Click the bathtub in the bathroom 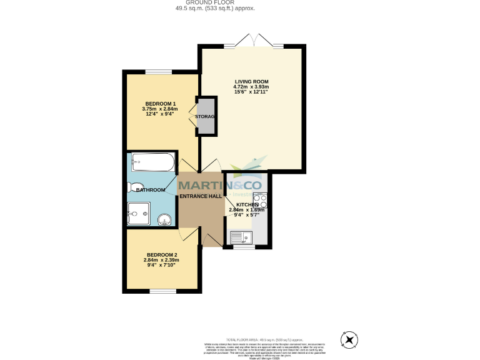(x=153, y=162)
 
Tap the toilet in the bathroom (x=132, y=187)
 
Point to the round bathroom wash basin (x=164, y=220)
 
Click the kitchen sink (x=240, y=237)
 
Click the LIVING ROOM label (x=251, y=81)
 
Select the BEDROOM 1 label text (x=161, y=103)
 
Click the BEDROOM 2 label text (x=162, y=254)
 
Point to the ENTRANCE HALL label (x=201, y=196)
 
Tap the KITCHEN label (x=247, y=204)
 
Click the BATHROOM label (x=151, y=190)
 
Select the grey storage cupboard (x=206, y=117)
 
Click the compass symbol (x=349, y=340)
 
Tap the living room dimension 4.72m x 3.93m (x=251, y=87)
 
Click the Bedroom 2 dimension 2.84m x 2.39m (x=162, y=260)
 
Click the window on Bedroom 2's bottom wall (x=162, y=291)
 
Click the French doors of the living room (x=254, y=45)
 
